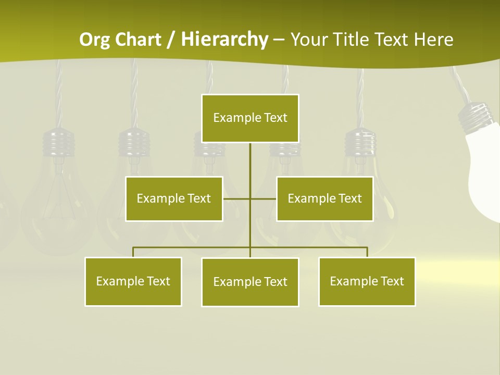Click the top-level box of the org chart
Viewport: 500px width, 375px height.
coord(250,118)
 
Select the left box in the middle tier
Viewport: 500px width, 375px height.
coord(174,198)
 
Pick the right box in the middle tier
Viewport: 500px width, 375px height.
coord(324,198)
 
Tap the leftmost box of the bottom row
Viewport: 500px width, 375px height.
coord(133,281)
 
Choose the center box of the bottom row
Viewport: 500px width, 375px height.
coord(250,282)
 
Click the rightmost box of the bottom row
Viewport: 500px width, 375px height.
coord(367,281)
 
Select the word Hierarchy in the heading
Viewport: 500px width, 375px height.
coord(224,40)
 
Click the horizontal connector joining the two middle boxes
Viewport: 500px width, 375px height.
coord(250,198)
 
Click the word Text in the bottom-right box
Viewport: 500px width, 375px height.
coord(392,281)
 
